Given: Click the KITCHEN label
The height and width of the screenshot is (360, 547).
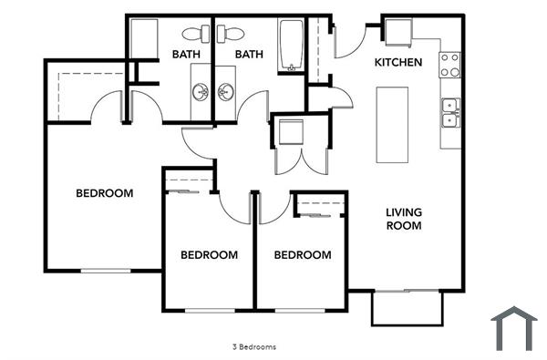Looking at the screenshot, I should (399, 63).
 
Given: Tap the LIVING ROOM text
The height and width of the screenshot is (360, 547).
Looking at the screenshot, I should (404, 219).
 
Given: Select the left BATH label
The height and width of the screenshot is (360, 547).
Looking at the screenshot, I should (186, 55).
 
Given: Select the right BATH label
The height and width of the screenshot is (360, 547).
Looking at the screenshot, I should (249, 55).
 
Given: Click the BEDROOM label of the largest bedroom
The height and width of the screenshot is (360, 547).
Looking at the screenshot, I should (104, 193).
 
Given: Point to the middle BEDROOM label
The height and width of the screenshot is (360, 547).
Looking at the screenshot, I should (209, 255).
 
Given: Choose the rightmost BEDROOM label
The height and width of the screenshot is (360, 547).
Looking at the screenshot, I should (303, 255).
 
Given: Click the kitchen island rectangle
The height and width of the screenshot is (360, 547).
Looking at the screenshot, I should (394, 124).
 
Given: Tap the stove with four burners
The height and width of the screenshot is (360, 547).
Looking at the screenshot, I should (450, 64).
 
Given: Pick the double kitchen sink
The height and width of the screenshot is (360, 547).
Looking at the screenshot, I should (450, 112).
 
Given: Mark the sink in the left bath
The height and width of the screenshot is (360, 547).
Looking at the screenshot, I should (200, 92).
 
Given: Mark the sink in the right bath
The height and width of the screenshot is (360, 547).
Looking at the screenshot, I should (225, 92).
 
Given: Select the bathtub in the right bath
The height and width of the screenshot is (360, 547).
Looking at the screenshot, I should (292, 45).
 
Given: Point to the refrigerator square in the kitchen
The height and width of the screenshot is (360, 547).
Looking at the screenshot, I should (398, 32).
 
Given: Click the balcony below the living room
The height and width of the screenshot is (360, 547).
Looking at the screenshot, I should (406, 307).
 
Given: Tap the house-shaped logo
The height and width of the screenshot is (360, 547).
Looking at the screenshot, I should (514, 328).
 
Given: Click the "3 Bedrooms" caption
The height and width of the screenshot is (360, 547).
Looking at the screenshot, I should (254, 347).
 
